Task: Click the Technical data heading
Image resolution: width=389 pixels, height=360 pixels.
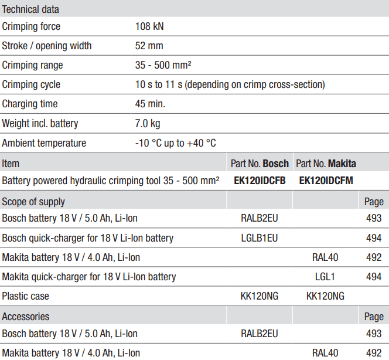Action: [x=30, y=9]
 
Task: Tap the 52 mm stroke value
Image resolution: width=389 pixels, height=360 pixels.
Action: [x=149, y=46]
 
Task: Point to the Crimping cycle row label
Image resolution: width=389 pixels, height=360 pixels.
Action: [x=31, y=84]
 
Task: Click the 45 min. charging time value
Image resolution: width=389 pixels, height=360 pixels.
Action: [x=151, y=104]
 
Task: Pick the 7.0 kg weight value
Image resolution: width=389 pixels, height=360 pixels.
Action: [x=148, y=124]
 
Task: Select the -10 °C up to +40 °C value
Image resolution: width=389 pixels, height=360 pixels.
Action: [x=176, y=143]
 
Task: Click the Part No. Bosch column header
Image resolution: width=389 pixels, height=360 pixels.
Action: [x=260, y=164]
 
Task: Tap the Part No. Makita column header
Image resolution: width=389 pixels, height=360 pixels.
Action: [x=326, y=164]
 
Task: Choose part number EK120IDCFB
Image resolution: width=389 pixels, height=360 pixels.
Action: [x=260, y=181]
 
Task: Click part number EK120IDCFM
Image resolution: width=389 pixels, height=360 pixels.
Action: [x=326, y=181]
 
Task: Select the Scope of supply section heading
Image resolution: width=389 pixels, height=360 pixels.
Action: [x=33, y=202]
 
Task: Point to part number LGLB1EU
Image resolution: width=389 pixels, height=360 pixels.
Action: [x=260, y=238]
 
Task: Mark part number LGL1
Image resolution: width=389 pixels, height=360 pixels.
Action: [x=325, y=276]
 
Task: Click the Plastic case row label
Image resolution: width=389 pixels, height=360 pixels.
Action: [x=26, y=296]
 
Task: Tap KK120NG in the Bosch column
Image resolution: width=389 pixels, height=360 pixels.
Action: [x=260, y=296]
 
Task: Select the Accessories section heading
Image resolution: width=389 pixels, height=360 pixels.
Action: [x=26, y=317]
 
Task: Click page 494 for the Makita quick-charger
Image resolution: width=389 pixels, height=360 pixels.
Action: [x=373, y=276]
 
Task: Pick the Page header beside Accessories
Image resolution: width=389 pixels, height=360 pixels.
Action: [x=374, y=317]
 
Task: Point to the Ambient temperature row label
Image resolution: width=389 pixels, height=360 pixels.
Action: [x=44, y=143]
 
